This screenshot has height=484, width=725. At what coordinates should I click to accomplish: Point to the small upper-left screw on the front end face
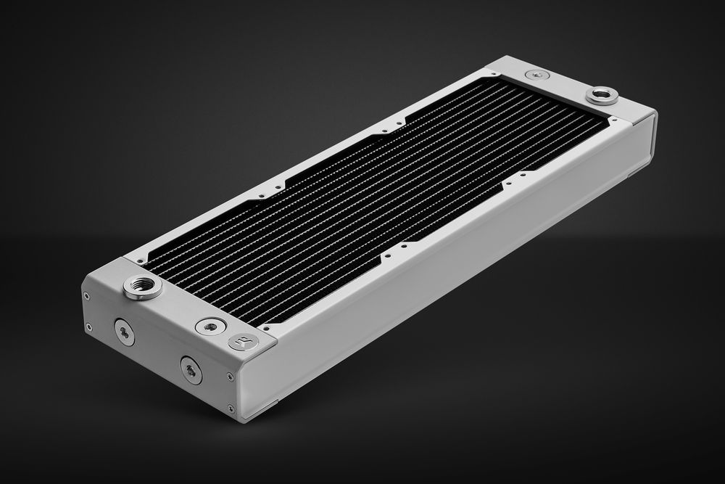[x=87, y=295]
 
